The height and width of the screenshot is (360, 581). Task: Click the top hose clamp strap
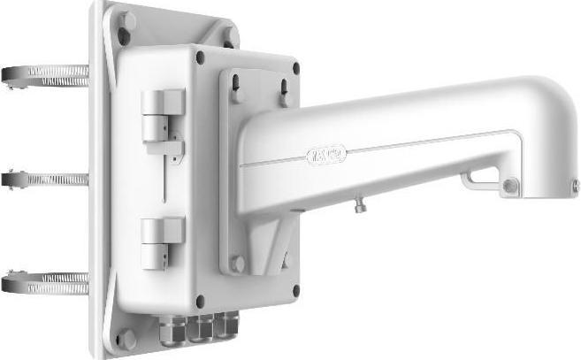[44, 74]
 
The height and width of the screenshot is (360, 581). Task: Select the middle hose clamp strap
[44, 179]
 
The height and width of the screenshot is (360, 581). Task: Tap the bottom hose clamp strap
[44, 283]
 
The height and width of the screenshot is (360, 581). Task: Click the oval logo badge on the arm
[326, 156]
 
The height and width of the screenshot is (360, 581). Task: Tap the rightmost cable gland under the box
[228, 324]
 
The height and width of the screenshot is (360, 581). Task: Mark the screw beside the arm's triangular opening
[510, 186]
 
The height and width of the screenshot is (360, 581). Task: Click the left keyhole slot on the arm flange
[237, 82]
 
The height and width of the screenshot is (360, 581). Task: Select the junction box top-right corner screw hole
[295, 67]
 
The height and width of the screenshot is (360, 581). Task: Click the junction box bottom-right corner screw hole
[295, 288]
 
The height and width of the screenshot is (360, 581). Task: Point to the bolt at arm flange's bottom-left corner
[237, 262]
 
